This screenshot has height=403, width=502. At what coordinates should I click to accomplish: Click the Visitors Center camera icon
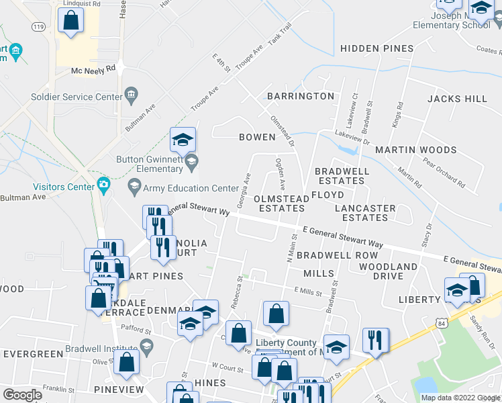click(103, 184)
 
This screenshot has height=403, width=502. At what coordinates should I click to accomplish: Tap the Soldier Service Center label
click(77, 97)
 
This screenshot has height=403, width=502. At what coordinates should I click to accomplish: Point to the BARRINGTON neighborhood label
click(300, 96)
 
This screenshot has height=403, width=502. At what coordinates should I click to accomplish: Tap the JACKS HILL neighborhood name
click(457, 99)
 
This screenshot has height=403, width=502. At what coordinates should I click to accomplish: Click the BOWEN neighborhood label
click(257, 137)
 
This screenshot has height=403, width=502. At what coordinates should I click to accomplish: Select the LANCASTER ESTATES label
click(365, 213)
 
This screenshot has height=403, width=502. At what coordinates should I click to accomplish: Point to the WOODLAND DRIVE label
click(388, 271)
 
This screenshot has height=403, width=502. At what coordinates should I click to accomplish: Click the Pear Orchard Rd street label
click(443, 171)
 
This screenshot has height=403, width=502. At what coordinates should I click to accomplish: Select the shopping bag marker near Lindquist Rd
click(70, 21)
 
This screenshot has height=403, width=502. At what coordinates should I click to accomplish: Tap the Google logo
click(22, 395)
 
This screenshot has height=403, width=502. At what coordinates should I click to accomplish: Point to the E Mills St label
click(309, 289)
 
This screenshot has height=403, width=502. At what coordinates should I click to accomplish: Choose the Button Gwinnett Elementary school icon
click(191, 160)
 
